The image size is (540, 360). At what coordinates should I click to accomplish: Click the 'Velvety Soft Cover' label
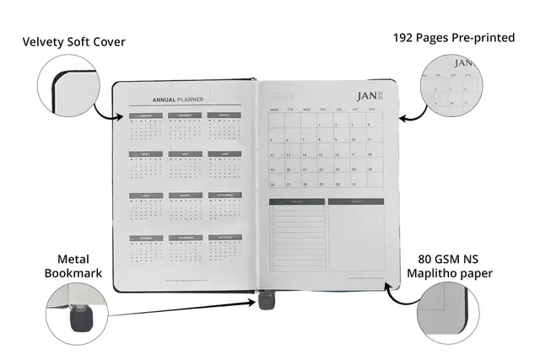pos(74,41)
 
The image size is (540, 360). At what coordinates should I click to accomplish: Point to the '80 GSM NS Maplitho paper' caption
pos(460,267)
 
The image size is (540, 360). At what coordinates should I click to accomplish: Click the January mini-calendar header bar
pos(145,116)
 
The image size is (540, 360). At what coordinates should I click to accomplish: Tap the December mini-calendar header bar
pos(224,237)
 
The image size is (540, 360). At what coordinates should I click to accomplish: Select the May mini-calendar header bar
pos(185,154)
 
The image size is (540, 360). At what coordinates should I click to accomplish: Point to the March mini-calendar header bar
pos(224,116)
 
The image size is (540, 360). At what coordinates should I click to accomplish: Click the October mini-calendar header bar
pos(145,237)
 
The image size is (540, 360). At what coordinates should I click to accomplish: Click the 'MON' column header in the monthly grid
pos(274,110)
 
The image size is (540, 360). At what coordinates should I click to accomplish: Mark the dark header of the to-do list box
pos(296,201)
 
